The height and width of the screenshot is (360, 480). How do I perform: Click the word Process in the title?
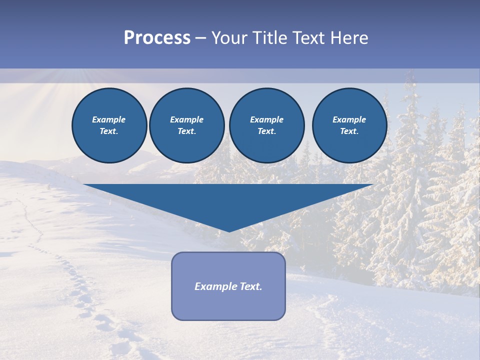point(157,38)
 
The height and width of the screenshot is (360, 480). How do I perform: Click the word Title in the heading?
point(269,38)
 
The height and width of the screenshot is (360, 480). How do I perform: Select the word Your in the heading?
point(230,38)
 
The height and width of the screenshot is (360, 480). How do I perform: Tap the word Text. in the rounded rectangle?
point(250,286)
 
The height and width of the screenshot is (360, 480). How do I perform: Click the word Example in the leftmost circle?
point(109,119)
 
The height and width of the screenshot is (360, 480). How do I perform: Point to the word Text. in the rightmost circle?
point(349,131)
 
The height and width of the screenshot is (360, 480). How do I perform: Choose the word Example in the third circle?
point(266,119)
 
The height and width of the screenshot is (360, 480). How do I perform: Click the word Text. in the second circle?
point(186,131)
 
